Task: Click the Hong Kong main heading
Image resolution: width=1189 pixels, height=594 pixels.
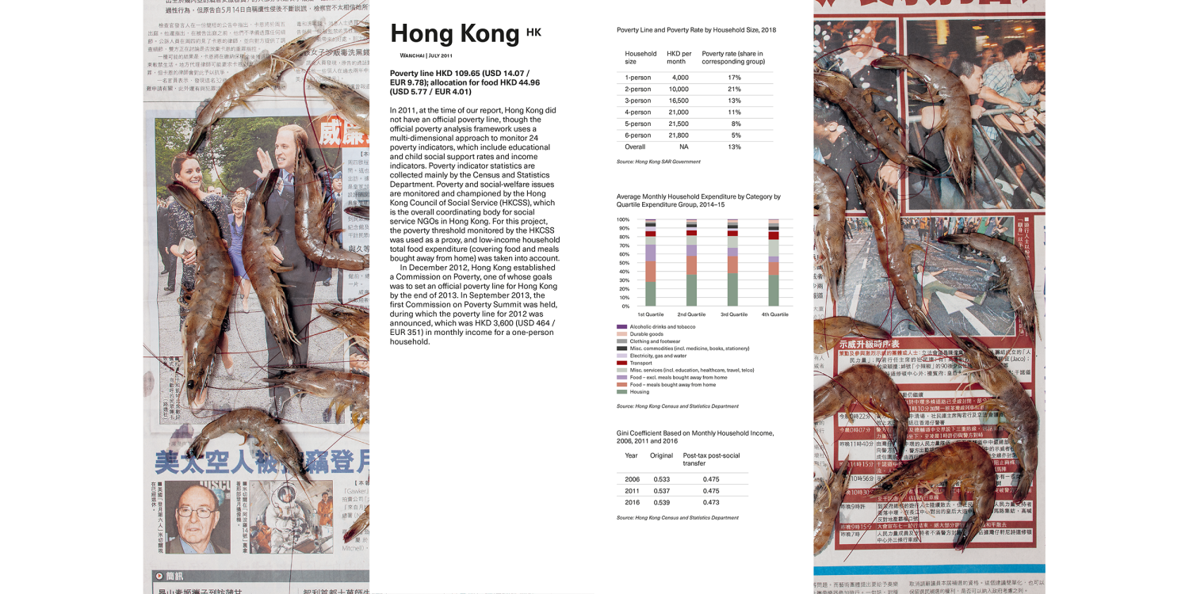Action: pos(454,33)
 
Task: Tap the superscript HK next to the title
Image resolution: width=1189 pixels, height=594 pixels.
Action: pos(533,32)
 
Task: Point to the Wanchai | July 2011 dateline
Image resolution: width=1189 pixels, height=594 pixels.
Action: pos(426,56)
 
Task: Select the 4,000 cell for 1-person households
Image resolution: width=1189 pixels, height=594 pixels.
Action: pos(680,78)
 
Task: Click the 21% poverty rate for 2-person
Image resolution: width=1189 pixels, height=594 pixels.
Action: pos(734,89)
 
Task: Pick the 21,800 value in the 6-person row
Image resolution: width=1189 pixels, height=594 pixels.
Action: pos(678,135)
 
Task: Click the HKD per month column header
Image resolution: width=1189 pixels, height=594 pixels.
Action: pos(679,58)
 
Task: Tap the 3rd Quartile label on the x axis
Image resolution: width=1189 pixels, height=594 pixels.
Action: pos(733,314)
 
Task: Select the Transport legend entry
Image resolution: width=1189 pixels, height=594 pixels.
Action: pos(641,363)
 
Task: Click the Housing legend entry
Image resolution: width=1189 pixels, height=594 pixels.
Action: pos(639,392)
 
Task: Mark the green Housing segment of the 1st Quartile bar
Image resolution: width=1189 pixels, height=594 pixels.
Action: pos(650,294)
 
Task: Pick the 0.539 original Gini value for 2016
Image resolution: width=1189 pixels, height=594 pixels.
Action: pos(661,502)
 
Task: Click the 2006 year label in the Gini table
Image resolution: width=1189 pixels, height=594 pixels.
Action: pos(632,479)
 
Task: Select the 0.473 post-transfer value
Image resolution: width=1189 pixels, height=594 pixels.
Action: pos(711,502)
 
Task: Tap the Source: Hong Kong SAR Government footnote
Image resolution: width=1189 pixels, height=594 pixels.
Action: pos(658,162)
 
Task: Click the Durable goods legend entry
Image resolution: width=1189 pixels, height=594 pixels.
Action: pos(647,334)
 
